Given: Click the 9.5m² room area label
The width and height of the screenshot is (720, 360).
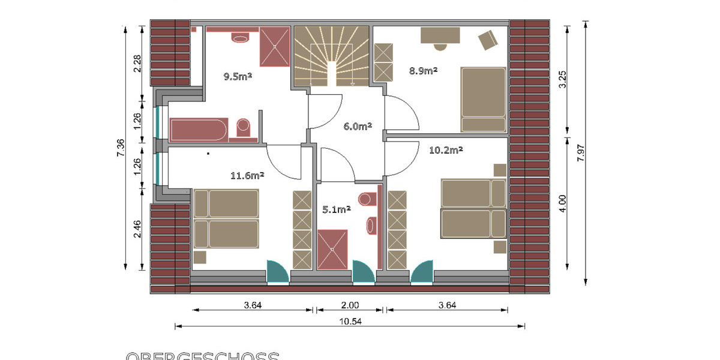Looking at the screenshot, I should pyautogui.click(x=237, y=76).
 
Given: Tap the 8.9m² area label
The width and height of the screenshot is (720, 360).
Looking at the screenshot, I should pyautogui.click(x=423, y=70).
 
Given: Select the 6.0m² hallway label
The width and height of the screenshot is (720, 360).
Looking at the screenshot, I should pyautogui.click(x=358, y=127).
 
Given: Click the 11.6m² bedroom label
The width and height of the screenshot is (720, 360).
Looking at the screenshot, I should pyautogui.click(x=247, y=176).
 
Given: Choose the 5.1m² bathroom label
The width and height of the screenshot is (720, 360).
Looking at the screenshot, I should pyautogui.click(x=336, y=209).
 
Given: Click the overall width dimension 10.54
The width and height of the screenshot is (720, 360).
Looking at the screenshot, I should pyautogui.click(x=350, y=321).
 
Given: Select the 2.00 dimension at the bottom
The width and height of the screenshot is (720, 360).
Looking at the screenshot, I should pyautogui.click(x=350, y=305).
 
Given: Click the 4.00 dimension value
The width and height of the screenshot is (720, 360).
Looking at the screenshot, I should pyautogui.click(x=562, y=203).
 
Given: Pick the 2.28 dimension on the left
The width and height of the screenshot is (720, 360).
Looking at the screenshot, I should pyautogui.click(x=137, y=62).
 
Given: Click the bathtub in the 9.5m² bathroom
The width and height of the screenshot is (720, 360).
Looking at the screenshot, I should pyautogui.click(x=199, y=130).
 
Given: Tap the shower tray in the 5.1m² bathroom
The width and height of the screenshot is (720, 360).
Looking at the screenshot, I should pyautogui.click(x=332, y=249).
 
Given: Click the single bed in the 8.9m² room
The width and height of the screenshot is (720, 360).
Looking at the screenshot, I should pyautogui.click(x=483, y=99).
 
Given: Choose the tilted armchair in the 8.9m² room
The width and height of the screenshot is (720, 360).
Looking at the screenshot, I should pyautogui.click(x=488, y=40).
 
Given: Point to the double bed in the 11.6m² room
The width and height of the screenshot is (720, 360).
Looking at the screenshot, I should pyautogui.click(x=226, y=219).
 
